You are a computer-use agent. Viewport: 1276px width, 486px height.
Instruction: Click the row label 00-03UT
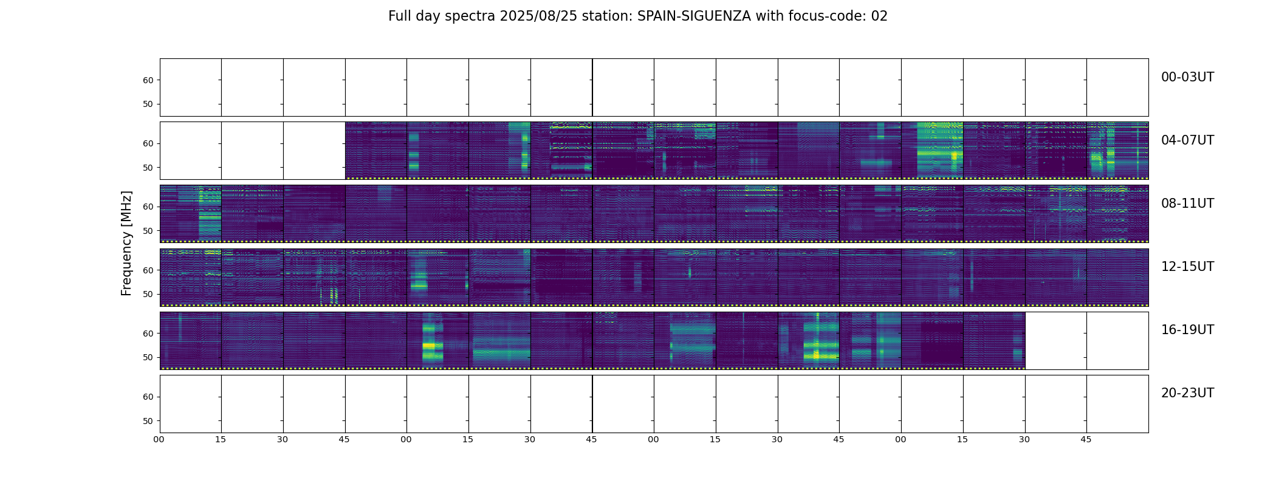(1187, 77)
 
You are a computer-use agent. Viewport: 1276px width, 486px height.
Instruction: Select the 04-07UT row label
(1187, 140)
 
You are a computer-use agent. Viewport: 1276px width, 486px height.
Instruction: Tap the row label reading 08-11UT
(1187, 204)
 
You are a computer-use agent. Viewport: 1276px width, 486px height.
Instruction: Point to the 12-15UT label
(1187, 267)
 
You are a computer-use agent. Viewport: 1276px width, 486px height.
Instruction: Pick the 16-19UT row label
(1187, 330)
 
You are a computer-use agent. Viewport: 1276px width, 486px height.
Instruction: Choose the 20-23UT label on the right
(1187, 393)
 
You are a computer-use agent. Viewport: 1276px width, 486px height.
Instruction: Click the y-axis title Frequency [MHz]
(126, 243)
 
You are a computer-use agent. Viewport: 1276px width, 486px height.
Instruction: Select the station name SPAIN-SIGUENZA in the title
(694, 16)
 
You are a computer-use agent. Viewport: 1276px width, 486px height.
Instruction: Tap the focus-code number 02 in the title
(879, 16)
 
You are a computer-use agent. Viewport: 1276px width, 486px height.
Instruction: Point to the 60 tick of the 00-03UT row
(148, 80)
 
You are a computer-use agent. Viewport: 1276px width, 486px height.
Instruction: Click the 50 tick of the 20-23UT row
(148, 421)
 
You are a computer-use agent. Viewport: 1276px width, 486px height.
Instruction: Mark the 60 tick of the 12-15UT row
(148, 270)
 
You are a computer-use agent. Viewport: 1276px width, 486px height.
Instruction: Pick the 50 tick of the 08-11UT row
(148, 231)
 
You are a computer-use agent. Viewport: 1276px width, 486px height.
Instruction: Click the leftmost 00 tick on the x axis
(159, 439)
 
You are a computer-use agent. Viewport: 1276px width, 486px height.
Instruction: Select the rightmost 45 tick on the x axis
(1086, 439)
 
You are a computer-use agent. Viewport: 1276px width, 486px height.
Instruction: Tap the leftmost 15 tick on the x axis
(221, 439)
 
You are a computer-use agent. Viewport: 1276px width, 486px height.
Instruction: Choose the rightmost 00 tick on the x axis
(900, 439)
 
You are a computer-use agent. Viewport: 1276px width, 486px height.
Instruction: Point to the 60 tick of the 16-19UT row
(148, 334)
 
